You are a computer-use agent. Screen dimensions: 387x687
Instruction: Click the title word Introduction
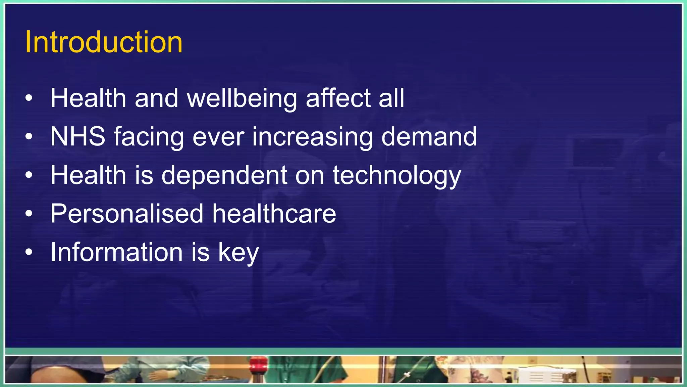[x=104, y=42]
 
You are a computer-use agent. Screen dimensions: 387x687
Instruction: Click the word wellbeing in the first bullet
[x=242, y=98]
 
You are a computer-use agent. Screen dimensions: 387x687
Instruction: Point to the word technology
[x=397, y=175]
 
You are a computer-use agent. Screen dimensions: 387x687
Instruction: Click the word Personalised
[x=127, y=214]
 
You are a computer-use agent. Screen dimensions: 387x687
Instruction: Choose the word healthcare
[x=274, y=214]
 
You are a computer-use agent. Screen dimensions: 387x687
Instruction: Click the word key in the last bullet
[x=239, y=253]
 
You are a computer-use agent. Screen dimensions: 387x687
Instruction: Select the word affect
[x=338, y=98]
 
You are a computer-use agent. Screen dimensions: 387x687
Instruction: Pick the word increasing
[x=312, y=137]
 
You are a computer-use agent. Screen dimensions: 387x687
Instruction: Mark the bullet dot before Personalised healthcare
[x=29, y=214]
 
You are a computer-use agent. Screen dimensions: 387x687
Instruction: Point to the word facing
[x=149, y=137]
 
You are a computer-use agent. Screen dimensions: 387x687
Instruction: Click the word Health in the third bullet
[x=88, y=175]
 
